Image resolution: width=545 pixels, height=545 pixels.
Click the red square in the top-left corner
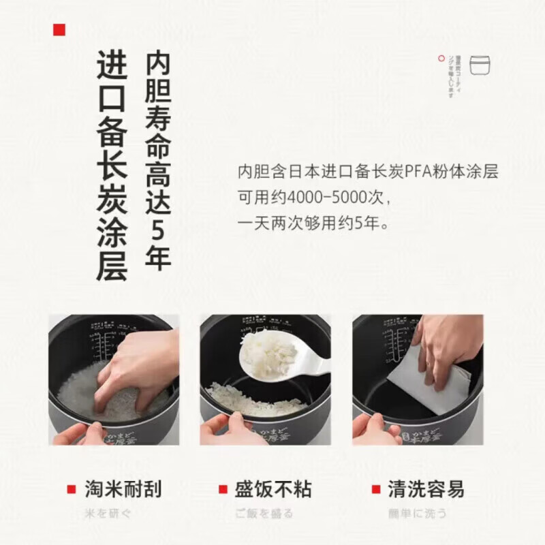point(59,29)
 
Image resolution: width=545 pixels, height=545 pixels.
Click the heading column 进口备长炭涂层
point(112,166)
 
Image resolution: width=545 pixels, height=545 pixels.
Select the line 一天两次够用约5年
point(313,223)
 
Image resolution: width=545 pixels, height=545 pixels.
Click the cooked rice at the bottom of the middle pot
point(255,399)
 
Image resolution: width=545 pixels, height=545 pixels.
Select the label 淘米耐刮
point(123,488)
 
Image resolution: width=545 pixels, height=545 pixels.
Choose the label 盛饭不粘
point(272,488)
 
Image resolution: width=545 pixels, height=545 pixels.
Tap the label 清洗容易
point(426,488)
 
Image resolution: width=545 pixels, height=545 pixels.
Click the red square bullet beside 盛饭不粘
point(223,489)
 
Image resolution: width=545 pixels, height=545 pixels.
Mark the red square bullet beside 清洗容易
point(375,489)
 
